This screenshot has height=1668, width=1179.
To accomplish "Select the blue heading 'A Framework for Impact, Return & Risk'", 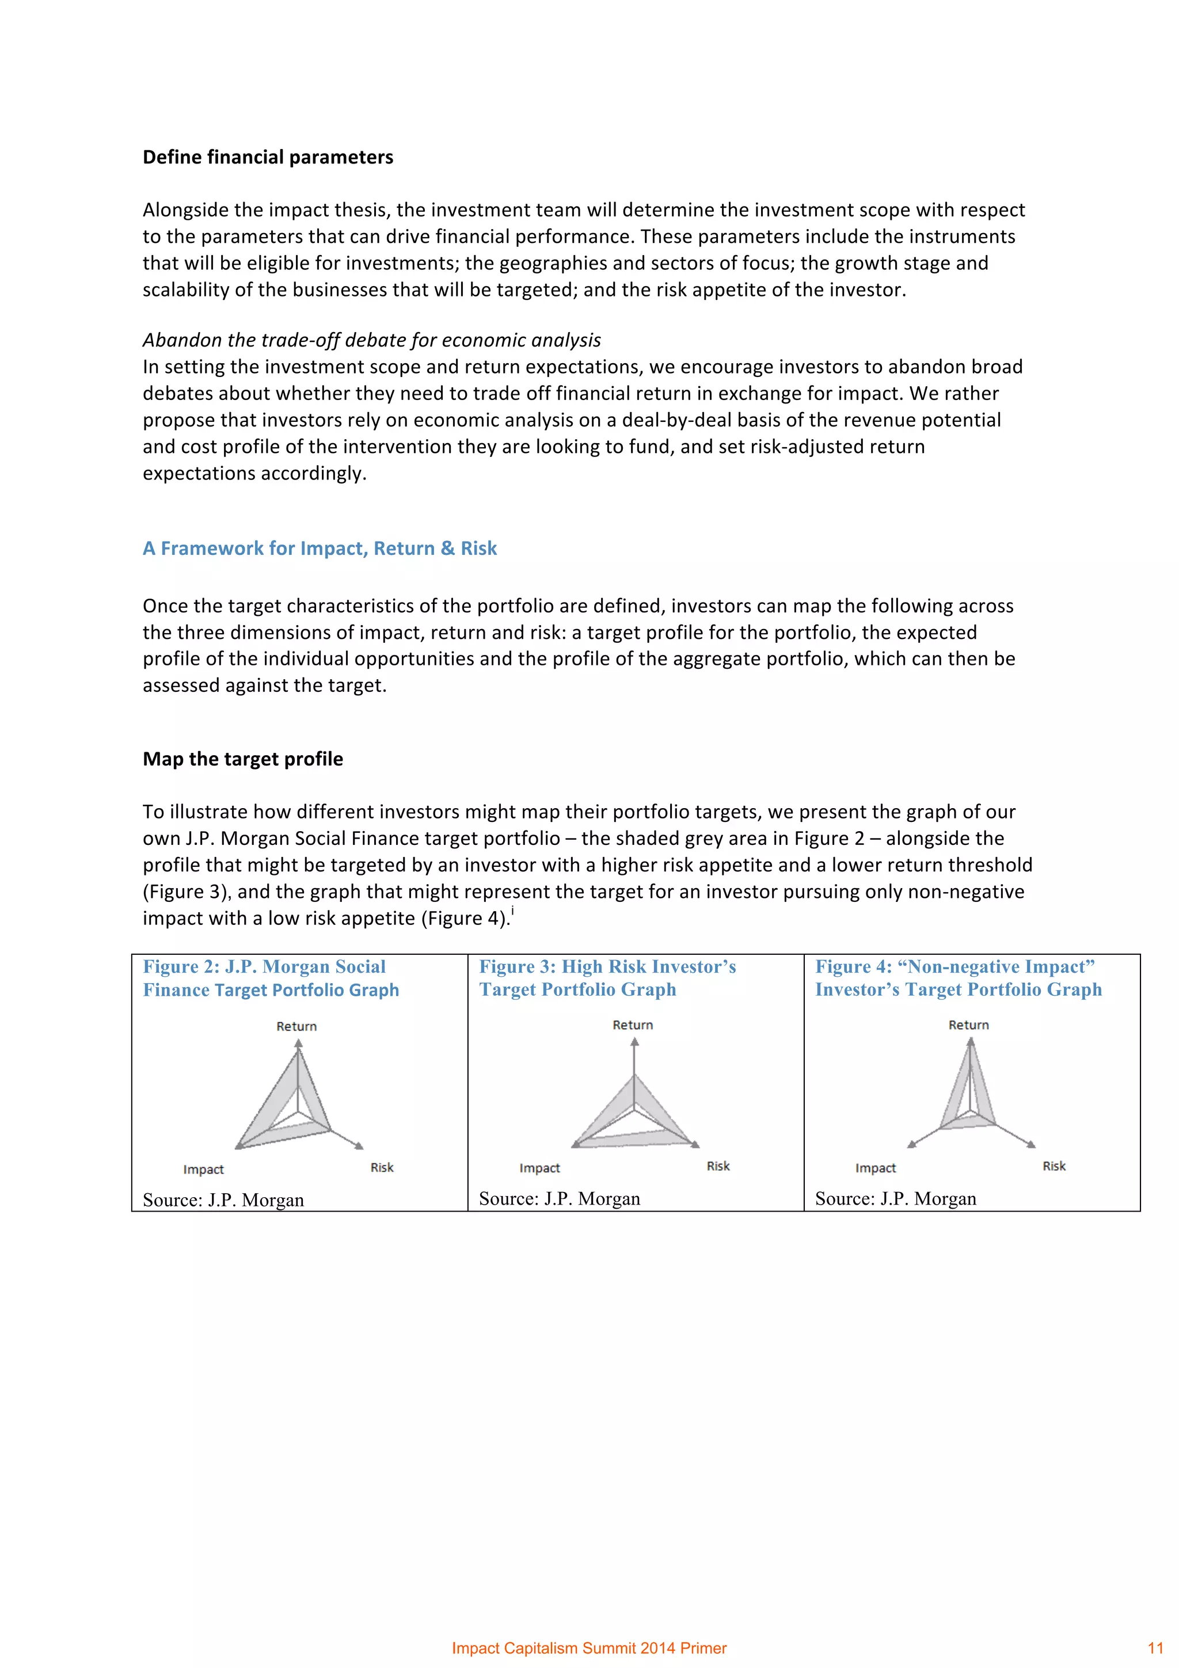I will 320,549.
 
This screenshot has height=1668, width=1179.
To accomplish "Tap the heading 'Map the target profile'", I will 242,759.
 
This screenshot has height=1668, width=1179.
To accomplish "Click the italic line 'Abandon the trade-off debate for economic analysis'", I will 371,340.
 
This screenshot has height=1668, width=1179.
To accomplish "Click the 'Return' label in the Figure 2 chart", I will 296,1026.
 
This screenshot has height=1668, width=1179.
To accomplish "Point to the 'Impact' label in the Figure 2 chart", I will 203,1170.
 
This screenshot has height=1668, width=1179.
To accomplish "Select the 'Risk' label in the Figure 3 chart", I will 718,1166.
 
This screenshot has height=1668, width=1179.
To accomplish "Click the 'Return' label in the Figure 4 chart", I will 968,1025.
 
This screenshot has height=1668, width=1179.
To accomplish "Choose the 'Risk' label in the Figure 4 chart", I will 1054,1166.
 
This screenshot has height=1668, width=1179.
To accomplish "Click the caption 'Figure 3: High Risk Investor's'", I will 607,967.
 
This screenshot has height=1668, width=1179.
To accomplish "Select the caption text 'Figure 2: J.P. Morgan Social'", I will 264,967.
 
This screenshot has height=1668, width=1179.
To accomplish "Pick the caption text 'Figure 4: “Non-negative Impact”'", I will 954,967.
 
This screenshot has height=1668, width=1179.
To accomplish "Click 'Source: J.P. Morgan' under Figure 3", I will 560,1199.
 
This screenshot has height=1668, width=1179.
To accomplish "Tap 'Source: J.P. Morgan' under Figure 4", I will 895,1199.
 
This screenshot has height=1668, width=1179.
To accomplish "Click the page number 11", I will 1155,1648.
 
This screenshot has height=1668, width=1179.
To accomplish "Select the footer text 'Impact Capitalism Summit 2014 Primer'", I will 589,1648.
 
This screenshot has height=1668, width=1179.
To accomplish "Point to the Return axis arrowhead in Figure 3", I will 635,1042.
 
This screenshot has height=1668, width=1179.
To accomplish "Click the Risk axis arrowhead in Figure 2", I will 358,1147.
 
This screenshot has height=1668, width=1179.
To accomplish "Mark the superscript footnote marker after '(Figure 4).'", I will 513,911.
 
